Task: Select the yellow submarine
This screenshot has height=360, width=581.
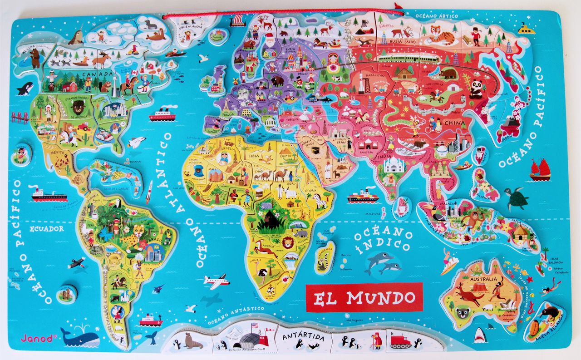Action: (x=526, y=30)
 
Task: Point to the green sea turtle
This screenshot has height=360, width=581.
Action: (x=517, y=198)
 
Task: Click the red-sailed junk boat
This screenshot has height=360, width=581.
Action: (x=540, y=169)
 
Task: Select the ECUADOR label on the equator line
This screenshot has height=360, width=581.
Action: (x=47, y=229)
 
